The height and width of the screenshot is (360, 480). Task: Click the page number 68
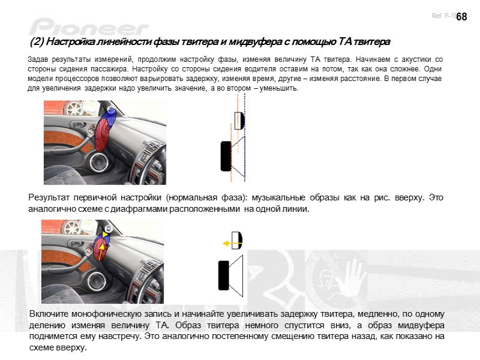pos(461,17)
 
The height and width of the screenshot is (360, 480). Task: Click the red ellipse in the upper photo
pos(103,134)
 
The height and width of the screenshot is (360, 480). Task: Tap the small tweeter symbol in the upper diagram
pos(239,120)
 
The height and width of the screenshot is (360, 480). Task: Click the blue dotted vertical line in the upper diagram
pos(245,138)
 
